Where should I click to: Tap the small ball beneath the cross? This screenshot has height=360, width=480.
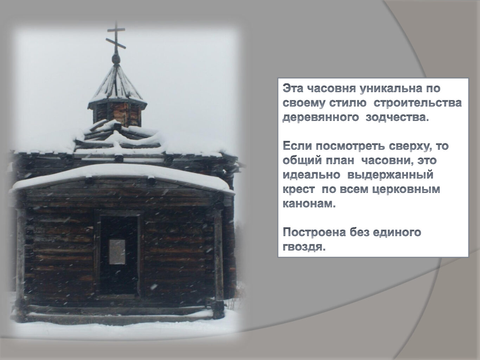click(116, 59)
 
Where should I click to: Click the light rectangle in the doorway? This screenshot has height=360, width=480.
click(117, 252)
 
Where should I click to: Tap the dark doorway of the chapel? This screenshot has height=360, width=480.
click(119, 255)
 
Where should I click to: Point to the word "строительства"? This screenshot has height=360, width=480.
click(418, 103)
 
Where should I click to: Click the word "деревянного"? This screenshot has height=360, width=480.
click(321, 118)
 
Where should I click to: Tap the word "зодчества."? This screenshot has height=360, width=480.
click(396, 117)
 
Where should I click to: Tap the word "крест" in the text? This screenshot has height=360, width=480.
click(299, 189)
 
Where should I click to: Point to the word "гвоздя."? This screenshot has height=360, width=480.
click(304, 247)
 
